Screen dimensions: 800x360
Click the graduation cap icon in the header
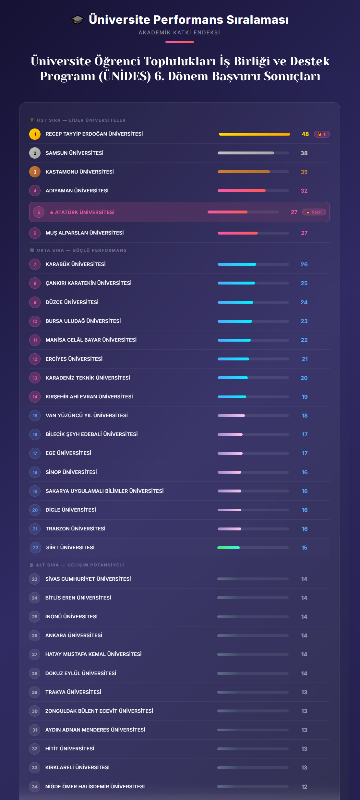coord(78,20)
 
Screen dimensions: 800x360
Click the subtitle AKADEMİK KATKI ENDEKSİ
coord(179,32)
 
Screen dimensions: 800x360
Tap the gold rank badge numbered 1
coord(35,134)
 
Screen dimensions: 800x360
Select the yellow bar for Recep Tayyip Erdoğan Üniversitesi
coord(254,134)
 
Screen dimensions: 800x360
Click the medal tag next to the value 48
coord(322,134)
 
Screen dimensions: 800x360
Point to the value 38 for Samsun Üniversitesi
coord(304,153)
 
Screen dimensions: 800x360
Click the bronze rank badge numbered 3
coord(35,172)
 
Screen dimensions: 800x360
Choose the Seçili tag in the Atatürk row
coord(314,212)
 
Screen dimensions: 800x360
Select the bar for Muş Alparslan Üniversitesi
coord(238,233)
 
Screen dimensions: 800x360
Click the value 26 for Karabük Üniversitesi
coord(304,264)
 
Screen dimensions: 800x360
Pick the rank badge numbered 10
coord(35,321)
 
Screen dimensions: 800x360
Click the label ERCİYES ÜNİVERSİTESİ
coord(74,359)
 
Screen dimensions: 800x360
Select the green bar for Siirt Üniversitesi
coord(228,548)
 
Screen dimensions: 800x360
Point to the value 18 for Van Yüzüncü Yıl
coord(305,416)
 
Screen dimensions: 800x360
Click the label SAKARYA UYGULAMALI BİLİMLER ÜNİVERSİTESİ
coord(104,491)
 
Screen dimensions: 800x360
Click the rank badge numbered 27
coord(35,654)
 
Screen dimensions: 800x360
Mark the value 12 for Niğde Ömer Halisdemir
coord(304,787)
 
